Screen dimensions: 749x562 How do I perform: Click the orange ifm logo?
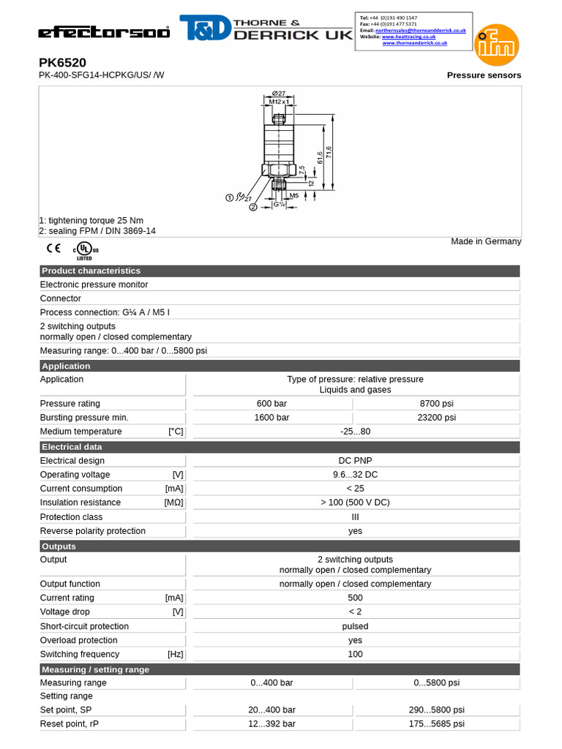[498, 43]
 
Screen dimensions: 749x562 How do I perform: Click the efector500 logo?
[104, 32]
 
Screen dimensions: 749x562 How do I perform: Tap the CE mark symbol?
[53, 248]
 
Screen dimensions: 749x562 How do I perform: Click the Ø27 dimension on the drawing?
[278, 93]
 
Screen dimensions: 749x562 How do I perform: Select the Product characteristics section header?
[91, 271]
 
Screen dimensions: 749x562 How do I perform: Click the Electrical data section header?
[72, 447]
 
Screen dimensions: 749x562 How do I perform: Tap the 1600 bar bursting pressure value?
[272, 418]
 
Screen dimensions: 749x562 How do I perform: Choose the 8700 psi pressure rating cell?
[438, 404]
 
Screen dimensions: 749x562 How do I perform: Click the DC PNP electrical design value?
[355, 461]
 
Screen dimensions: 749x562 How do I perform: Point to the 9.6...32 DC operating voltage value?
[355, 475]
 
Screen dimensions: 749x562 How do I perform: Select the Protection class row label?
[71, 517]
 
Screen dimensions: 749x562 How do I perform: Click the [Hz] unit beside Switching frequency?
[175, 654]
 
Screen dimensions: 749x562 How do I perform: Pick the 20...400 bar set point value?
[272, 710]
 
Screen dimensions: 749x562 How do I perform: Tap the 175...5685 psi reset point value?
[438, 724]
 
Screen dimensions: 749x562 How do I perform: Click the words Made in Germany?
[486, 241]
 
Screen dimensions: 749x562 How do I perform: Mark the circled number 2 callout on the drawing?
[253, 207]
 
